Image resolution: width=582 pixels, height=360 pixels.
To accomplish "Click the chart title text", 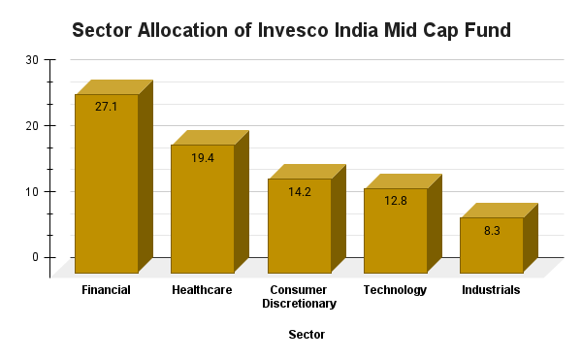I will click(x=291, y=31).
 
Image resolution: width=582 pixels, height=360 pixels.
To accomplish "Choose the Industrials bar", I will click(x=491, y=246).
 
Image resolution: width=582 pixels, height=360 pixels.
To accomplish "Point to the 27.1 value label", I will click(x=107, y=106).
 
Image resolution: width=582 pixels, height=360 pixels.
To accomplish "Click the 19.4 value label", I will click(x=203, y=157).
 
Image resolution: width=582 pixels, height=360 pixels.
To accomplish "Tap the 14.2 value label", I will click(x=299, y=191).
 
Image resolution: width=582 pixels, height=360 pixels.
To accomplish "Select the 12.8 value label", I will click(x=395, y=201).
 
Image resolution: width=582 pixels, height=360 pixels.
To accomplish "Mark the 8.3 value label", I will click(x=491, y=230).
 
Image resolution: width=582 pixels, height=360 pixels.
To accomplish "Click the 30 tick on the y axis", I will click(x=33, y=60).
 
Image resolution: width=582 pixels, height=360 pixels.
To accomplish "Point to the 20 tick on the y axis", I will click(x=33, y=126).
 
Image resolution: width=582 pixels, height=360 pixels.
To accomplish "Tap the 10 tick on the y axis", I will click(x=33, y=192).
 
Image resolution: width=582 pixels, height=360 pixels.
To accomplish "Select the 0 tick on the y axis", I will click(x=36, y=257).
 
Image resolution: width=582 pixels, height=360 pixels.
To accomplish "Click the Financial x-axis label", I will click(x=107, y=290).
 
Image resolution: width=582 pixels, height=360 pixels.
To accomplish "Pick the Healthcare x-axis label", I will click(x=202, y=290).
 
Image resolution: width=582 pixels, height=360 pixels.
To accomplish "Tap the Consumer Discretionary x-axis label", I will click(x=299, y=297).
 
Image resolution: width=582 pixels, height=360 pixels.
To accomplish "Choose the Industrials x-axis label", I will click(x=491, y=290).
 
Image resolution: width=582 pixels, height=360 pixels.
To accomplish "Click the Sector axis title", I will click(x=307, y=335).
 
